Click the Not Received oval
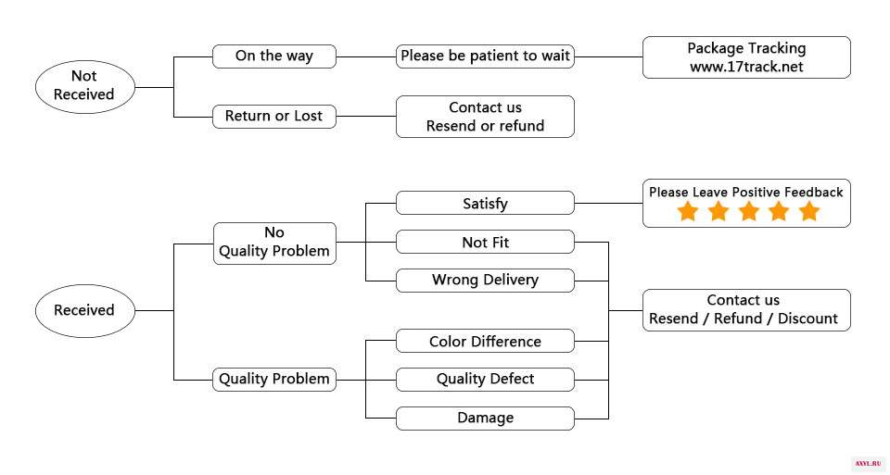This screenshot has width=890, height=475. point(85,87)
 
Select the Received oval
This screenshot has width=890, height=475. point(85,310)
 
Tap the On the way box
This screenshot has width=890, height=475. point(274,56)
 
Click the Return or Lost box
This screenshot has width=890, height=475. point(274,116)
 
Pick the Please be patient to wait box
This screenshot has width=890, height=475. point(485,56)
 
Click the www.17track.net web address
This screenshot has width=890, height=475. point(746,67)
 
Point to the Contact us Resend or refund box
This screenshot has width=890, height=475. point(485,116)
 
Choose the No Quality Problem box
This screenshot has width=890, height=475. point(274,244)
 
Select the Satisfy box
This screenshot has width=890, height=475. point(485,203)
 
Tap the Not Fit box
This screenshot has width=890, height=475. point(485,242)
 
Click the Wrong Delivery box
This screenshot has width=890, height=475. point(485,280)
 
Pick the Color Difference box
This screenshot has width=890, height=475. point(485,342)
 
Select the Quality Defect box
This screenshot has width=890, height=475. point(485,380)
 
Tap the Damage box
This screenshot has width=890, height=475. point(485,419)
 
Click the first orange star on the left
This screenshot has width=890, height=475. point(687,211)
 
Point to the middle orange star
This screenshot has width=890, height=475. point(749,211)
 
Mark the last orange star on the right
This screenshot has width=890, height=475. point(808,211)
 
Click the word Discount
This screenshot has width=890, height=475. point(807,319)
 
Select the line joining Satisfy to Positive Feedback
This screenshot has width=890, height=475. point(608,203)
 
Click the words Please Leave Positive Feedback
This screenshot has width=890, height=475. point(745,193)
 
